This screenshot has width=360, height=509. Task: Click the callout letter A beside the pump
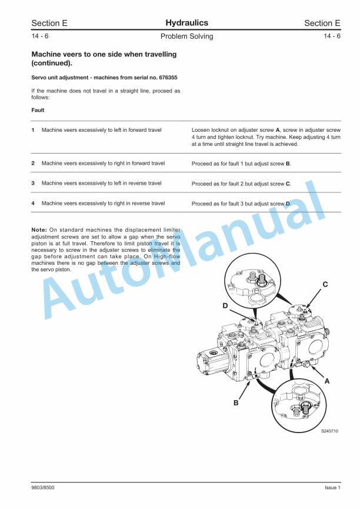pos(326,381)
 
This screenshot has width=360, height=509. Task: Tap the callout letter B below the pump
pos(236,403)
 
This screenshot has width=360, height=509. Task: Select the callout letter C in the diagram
pos(325,285)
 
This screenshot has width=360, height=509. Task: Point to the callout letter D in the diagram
pos(225,306)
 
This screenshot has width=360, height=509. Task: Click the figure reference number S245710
pos(329,431)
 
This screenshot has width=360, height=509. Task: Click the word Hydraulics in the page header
pos(187,23)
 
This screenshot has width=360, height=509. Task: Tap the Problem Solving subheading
pos(186,36)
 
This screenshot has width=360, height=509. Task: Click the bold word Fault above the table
pos(38,110)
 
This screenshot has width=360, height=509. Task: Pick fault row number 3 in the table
pos(33,183)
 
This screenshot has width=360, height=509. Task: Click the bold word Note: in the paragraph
pos(39,229)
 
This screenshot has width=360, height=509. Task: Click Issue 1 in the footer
pos(332,488)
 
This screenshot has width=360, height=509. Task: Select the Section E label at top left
pos(49,24)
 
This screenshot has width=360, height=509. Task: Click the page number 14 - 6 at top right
pos(332,36)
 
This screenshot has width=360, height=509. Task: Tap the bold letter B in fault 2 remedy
pos(288,164)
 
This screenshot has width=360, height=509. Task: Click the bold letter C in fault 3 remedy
pos(288,184)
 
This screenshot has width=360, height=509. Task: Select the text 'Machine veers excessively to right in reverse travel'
pos(103,203)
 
